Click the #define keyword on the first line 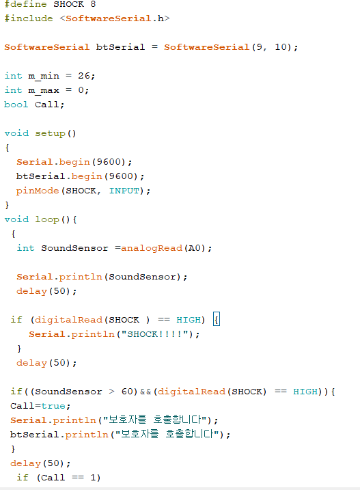[x=25, y=4]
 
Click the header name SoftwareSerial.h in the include [x=115, y=18]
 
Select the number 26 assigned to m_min [x=84, y=76]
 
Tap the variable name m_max [x=44, y=90]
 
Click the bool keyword [x=16, y=105]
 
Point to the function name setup [x=51, y=133]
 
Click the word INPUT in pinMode [x=124, y=191]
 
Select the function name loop [x=47, y=219]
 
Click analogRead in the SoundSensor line [x=152, y=248]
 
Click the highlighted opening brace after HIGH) [x=217, y=319]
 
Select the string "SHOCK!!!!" [x=155, y=334]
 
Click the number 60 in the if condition [x=127, y=392]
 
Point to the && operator [x=146, y=392]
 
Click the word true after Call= [x=53, y=406]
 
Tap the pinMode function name [x=38, y=191]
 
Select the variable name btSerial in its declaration [x=121, y=47]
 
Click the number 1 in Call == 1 [x=93, y=478]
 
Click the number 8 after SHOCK [x=93, y=4]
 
